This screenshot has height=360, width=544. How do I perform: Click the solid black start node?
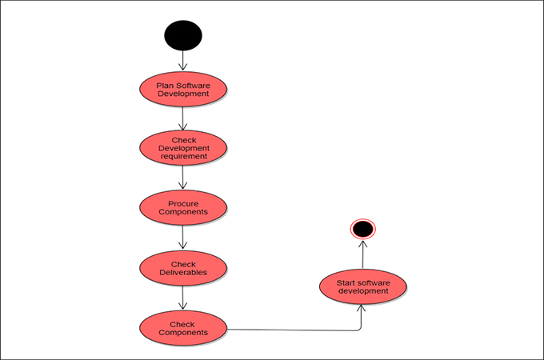pyautogui.click(x=183, y=35)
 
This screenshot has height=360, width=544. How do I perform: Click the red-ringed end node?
pyautogui.click(x=362, y=230)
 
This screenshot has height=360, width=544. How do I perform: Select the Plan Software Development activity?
pyautogui.click(x=183, y=89)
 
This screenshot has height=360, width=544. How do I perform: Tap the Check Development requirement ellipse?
pyautogui.click(x=183, y=148)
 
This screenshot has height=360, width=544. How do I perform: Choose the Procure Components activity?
pyautogui.click(x=183, y=207)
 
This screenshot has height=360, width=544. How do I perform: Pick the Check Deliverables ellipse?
pyautogui.click(x=183, y=268)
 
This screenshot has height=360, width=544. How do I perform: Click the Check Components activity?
pyautogui.click(x=183, y=327)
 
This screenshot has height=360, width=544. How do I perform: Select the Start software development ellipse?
pyautogui.click(x=363, y=286)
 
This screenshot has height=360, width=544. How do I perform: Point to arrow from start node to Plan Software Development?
pyautogui.click(x=183, y=61)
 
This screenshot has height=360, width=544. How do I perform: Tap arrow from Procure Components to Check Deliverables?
pyautogui.click(x=183, y=238)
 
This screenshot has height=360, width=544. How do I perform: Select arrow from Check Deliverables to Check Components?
pyautogui.click(x=183, y=298)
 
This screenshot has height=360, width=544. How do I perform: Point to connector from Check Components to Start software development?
pyautogui.click(x=296, y=329)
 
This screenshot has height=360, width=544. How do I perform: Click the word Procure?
pyautogui.click(x=183, y=203)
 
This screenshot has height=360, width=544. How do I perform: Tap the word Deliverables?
pyautogui.click(x=183, y=273)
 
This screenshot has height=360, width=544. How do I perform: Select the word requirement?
pyautogui.click(x=183, y=157)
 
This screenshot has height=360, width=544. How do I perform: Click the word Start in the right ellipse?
pyautogui.click(x=347, y=282)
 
